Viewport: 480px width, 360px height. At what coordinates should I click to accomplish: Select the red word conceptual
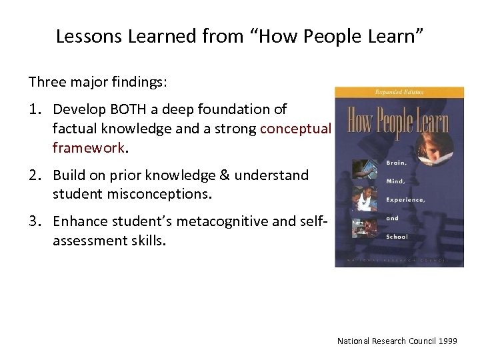[295, 129]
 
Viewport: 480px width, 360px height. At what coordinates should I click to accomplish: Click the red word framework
[88, 147]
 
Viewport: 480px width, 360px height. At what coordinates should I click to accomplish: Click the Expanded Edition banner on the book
[400, 92]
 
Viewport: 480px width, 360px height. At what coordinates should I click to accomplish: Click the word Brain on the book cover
[397, 161]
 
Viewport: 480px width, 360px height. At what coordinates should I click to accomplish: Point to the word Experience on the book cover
[405, 199]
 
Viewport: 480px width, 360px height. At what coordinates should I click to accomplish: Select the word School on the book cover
[397, 236]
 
